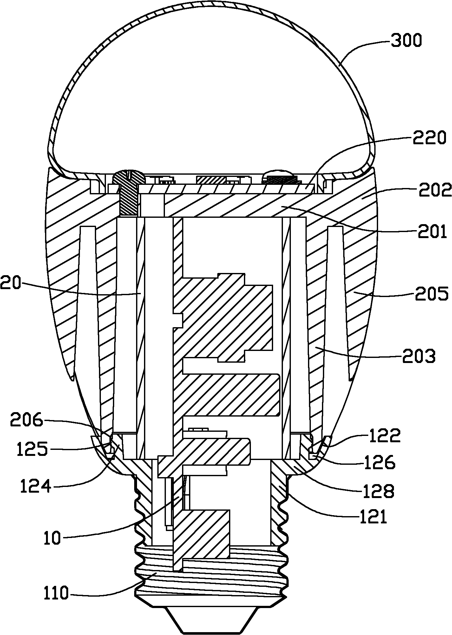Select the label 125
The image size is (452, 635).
[x=33, y=449]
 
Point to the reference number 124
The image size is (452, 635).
[x=36, y=487]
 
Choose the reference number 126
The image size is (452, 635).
[x=379, y=463]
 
